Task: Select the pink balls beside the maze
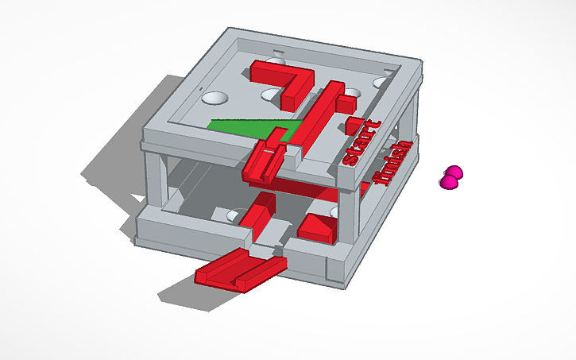[450, 178]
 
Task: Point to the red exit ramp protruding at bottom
[238, 269]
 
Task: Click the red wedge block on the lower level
[318, 228]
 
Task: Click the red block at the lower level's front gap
[259, 215]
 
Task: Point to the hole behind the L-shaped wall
[276, 61]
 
